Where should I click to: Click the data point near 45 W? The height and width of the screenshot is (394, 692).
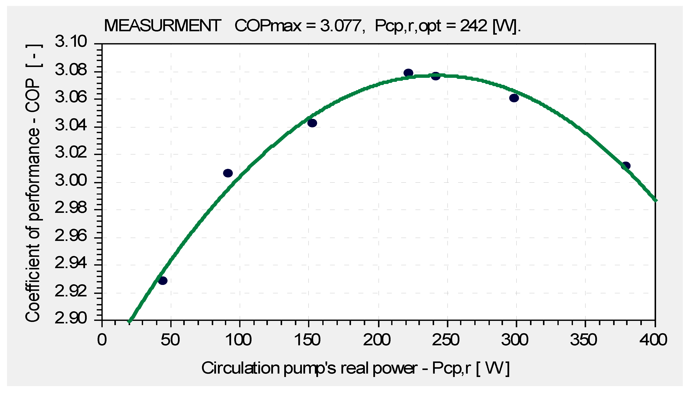coord(163,281)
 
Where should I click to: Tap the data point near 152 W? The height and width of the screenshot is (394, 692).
coord(312,123)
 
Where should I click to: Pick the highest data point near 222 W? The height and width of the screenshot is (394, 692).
coord(408,73)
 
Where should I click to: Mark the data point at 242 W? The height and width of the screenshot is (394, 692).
coord(436,76)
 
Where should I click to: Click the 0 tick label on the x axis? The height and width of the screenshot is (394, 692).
coord(102,340)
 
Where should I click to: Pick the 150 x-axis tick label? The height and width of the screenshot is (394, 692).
coord(308,340)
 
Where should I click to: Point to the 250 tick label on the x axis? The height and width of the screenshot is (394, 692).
coord(446,340)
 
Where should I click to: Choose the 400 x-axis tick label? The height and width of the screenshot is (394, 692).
coord(653,340)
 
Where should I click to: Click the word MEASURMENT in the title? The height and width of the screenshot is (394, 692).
coord(162,26)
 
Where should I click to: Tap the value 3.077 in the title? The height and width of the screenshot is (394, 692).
coord(340,26)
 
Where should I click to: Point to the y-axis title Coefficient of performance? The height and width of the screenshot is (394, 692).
coord(33,183)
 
